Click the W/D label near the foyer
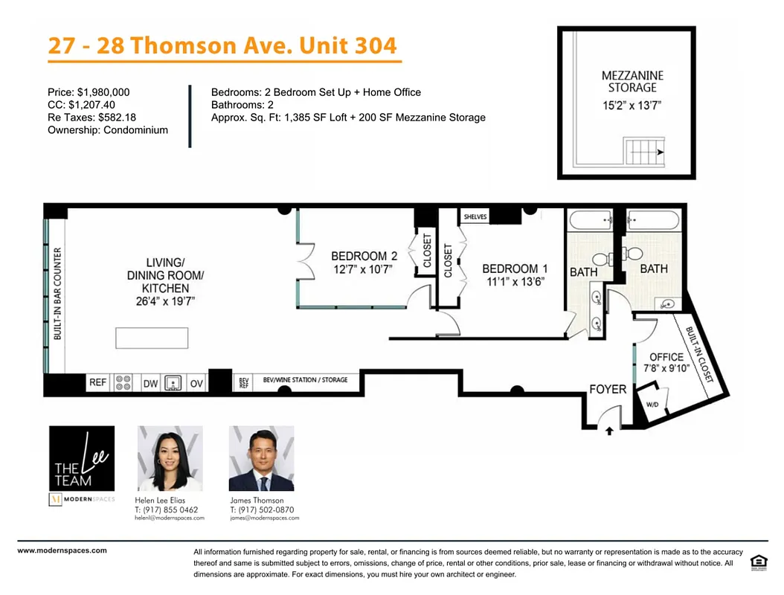(x=652, y=405)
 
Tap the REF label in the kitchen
(x=98, y=383)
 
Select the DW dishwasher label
(x=150, y=383)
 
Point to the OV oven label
(x=196, y=383)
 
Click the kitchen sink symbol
(x=173, y=383)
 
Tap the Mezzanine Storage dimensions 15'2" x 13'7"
(x=632, y=106)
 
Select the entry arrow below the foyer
(x=610, y=430)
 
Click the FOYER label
(x=608, y=389)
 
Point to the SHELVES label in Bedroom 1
(x=475, y=217)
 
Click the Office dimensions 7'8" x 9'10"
(x=666, y=367)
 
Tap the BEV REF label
(x=243, y=383)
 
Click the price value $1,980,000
(x=102, y=92)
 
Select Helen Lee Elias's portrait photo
(x=170, y=458)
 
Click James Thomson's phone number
(x=262, y=510)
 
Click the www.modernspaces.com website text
(x=62, y=551)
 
